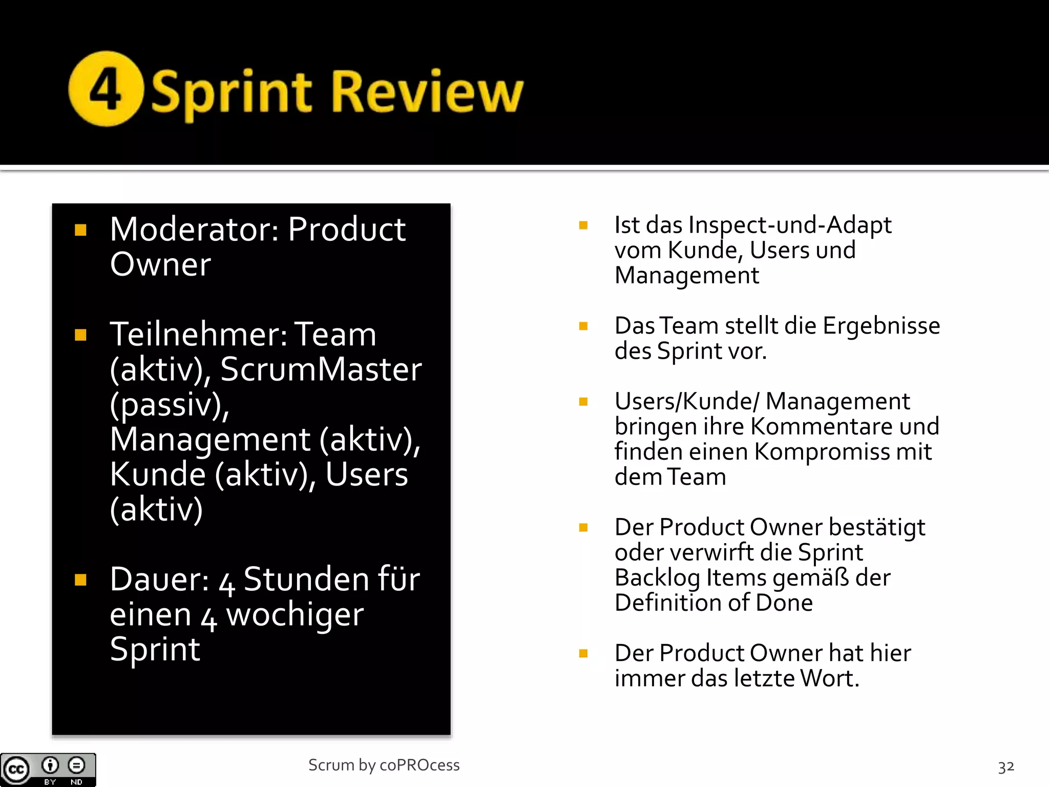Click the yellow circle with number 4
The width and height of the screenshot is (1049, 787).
click(106, 89)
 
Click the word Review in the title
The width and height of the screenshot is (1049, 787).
click(428, 91)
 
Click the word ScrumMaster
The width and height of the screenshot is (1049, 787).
click(321, 369)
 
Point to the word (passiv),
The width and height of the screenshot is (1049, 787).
click(170, 405)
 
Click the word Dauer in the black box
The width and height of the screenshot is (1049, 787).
click(159, 579)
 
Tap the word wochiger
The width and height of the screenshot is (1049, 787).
click(295, 614)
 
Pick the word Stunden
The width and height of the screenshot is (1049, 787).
click(306, 579)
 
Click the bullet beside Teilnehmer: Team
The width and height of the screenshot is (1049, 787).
click(80, 335)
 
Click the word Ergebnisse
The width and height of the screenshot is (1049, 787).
click(881, 326)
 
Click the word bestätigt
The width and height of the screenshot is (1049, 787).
click(877, 527)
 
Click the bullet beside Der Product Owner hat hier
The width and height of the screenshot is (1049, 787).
click(583, 653)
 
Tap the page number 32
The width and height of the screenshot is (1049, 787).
click(1006, 767)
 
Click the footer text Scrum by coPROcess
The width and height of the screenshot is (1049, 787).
click(384, 765)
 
